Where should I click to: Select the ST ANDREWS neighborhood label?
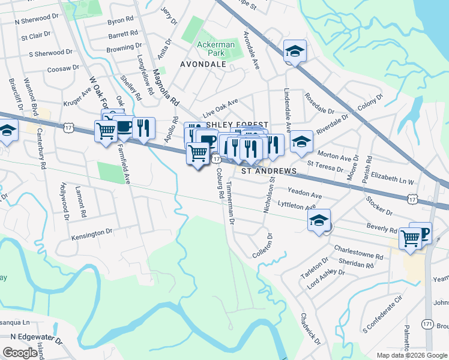269,172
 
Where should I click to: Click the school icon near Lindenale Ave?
301,142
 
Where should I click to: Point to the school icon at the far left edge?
7,130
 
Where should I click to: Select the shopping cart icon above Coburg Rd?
198,154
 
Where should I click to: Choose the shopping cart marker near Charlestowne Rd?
411,238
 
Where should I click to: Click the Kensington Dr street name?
92,232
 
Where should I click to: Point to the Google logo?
20,353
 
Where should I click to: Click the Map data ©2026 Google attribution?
412,355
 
